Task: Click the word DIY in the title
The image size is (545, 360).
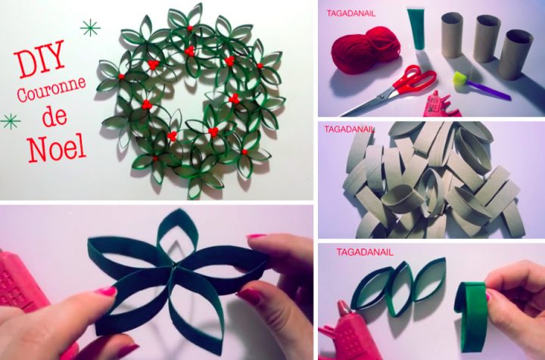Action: [39, 59]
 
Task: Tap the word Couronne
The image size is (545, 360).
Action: [51, 89]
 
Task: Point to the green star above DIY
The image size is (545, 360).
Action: [90, 28]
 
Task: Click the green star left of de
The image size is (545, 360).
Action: [11, 122]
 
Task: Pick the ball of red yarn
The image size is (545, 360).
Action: [365, 51]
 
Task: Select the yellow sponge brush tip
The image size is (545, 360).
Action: [460, 79]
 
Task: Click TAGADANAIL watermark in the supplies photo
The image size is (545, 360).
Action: [351, 14]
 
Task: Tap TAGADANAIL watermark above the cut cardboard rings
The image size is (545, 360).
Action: [350, 129]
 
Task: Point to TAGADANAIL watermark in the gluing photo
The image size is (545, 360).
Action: [365, 252]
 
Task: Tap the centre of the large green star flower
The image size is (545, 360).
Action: [173, 267]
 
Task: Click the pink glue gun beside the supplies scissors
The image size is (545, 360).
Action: [440, 104]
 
